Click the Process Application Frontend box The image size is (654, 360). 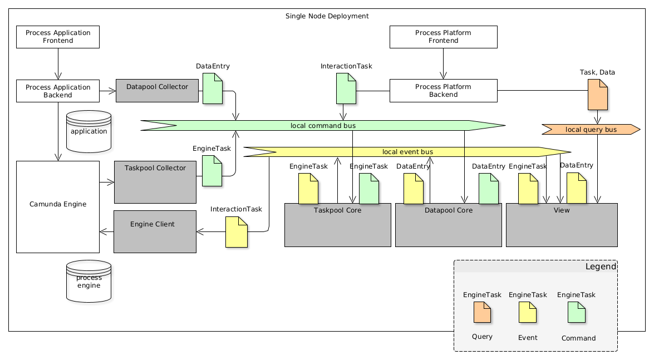[x=58, y=37]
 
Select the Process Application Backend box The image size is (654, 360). [x=58, y=91]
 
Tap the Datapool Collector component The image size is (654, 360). [x=157, y=91]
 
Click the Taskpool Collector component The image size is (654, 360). [x=155, y=182]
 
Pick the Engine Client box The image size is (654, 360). [x=155, y=231]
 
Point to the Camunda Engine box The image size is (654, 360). [x=58, y=206]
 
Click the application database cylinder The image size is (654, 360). [x=88, y=131]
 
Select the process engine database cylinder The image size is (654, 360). [x=88, y=282]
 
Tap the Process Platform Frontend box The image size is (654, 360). [x=443, y=37]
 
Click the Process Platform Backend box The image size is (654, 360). [x=443, y=91]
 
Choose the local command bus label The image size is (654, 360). [x=323, y=126]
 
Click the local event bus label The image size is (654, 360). [x=407, y=151]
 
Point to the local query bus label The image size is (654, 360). [x=591, y=130]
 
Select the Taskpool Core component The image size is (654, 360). [x=337, y=225]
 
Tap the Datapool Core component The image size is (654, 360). [x=448, y=225]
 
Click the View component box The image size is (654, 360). [x=562, y=225]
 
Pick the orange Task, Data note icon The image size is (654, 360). [x=597, y=95]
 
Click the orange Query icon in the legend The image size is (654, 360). [x=482, y=312]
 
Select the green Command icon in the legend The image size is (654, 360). [x=576, y=312]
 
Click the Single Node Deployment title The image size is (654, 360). [x=327, y=16]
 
